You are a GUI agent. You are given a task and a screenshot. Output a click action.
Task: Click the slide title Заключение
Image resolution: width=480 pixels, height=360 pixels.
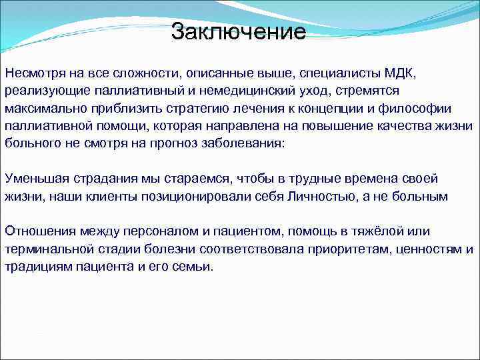point(238,31)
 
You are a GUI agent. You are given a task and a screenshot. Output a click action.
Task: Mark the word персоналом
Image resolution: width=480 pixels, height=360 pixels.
point(149,231)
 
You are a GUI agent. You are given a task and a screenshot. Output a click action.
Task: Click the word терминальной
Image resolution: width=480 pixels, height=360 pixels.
point(49,249)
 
